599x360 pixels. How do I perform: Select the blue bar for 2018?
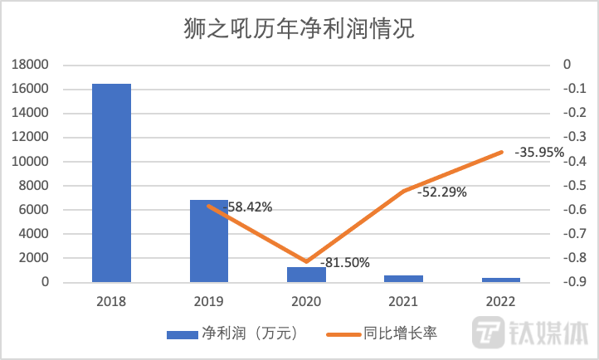tap(111, 182)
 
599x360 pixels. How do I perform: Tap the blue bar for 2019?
tap(208, 241)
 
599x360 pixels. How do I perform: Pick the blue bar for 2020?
tap(306, 275)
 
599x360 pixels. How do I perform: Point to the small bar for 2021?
tap(404, 279)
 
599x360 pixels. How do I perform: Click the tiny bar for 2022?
tap(502, 280)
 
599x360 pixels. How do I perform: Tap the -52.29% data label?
tap(442, 192)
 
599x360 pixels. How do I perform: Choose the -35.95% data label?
tap(540, 153)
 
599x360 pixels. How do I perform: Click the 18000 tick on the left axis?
tap(33, 65)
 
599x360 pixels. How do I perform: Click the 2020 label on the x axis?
tap(306, 301)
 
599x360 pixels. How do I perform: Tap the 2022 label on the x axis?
tap(502, 301)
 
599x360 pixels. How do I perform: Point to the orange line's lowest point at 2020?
tap(306, 262)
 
